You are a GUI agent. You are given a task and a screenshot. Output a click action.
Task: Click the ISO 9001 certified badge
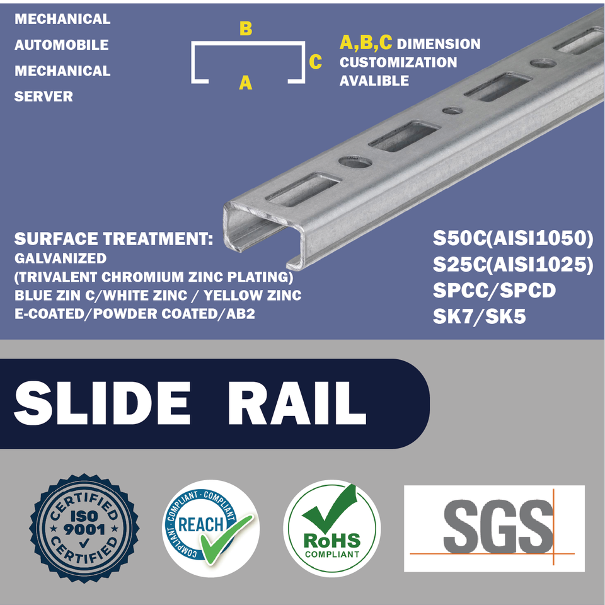(75, 528)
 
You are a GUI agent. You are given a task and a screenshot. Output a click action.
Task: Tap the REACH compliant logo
(210, 528)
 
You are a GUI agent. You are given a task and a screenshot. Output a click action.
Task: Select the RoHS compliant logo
(331, 528)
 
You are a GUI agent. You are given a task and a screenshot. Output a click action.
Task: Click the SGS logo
(494, 528)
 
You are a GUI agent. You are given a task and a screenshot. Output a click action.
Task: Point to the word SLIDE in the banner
(102, 403)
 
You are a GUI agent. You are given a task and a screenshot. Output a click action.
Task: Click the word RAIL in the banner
(297, 403)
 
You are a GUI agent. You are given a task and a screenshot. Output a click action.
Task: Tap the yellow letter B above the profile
(246, 29)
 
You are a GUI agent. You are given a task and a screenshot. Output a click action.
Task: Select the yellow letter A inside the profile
(246, 82)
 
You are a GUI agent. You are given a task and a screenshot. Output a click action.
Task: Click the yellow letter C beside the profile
(316, 62)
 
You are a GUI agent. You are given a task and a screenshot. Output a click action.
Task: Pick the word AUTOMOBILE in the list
(62, 45)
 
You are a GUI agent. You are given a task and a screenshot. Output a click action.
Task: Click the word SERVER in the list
(43, 96)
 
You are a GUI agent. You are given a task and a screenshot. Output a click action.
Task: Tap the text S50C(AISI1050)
(513, 239)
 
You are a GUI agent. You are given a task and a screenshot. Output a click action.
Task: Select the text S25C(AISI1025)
(513, 265)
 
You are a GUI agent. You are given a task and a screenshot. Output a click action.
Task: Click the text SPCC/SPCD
(494, 291)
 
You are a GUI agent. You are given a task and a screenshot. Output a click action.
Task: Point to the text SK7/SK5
(479, 316)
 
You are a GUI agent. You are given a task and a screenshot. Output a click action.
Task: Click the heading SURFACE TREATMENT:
(113, 239)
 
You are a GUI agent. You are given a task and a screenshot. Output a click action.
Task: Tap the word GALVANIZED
(60, 258)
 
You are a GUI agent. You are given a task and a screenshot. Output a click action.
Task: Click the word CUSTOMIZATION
(398, 62)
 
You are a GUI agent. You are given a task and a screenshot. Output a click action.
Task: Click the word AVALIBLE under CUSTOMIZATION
(374, 81)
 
